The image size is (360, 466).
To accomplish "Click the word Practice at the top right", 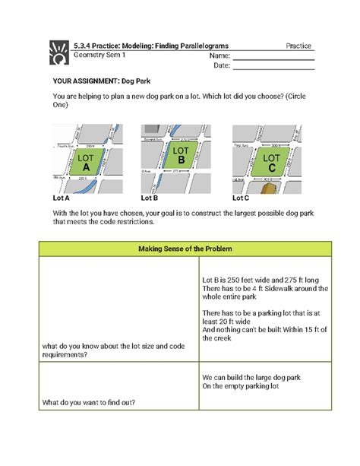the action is pyautogui.click(x=300, y=46).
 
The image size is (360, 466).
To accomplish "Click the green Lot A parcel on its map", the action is pyautogui.click(x=86, y=162).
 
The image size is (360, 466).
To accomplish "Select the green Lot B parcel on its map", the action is pyautogui.click(x=181, y=157).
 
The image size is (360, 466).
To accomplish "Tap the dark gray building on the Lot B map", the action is pyautogui.click(x=152, y=132).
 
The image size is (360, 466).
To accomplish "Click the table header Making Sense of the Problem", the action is pyautogui.click(x=179, y=250).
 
